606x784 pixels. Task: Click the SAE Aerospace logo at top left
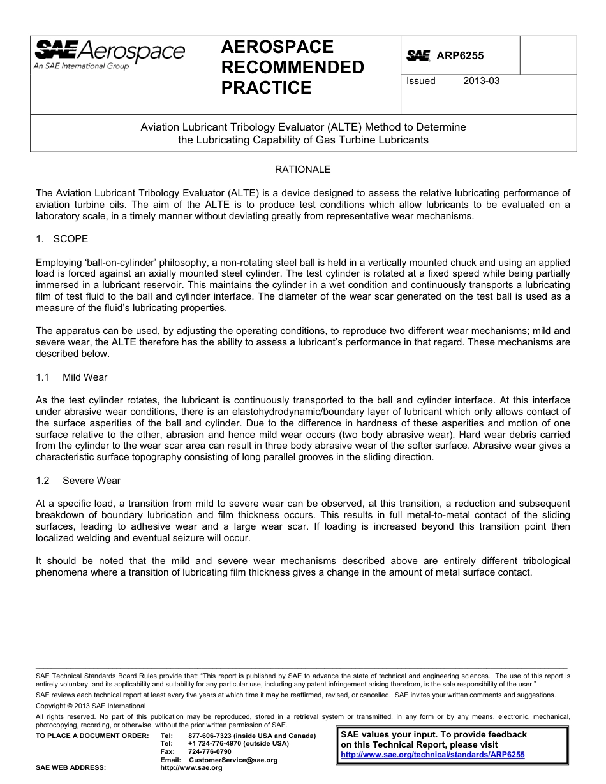click(109, 54)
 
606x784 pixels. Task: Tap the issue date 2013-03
click(482, 81)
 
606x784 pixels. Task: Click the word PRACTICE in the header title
click(266, 88)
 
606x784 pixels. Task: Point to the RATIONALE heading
click(302, 170)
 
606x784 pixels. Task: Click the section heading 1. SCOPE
click(62, 239)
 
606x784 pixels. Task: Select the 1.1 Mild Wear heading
click(72, 377)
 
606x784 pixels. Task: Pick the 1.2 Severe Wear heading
click(78, 480)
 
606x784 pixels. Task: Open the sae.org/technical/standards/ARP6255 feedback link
click(432, 755)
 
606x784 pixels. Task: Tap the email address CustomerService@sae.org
click(233, 760)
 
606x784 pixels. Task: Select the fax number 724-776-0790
click(210, 751)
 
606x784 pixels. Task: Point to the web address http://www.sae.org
click(191, 768)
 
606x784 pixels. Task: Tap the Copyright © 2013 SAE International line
click(91, 706)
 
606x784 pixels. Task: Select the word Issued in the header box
click(421, 81)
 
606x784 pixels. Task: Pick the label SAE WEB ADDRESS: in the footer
click(71, 768)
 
